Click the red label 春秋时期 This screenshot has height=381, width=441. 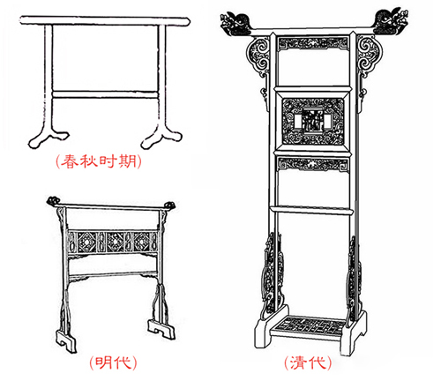pos(99,161)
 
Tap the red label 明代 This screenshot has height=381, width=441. pos(113,362)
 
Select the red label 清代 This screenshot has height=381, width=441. pos(308,362)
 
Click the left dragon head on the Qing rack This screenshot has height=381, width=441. pos(236,23)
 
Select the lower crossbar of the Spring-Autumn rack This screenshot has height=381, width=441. pos(105,94)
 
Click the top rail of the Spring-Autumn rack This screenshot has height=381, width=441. pos(105,20)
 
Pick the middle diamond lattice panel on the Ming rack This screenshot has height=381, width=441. pos(116,242)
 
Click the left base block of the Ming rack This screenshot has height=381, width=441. pos(66,340)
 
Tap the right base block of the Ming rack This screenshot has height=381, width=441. pos(161,329)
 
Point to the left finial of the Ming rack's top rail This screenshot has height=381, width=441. pos(53,201)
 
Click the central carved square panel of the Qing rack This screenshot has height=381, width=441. pos(313,122)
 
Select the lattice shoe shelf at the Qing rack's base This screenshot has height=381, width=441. pos(311,325)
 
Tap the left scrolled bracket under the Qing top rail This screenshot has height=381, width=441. pos(258,56)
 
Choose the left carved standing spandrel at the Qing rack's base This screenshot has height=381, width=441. pos(271,273)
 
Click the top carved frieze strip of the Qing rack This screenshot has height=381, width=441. pos(313,44)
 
